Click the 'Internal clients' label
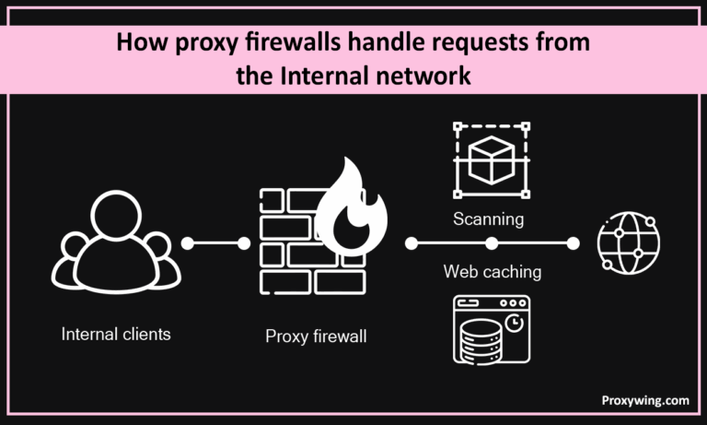pos(116,334)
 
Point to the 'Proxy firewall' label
pos(316,336)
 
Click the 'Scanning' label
pos(488,219)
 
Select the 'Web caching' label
pos(492,272)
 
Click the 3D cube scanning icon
pos(492,158)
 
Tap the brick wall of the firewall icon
pos(287,242)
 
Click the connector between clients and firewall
pos(216,244)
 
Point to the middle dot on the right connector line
pos(492,244)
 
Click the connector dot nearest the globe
pos(573,244)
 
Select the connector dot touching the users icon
pos(188,244)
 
